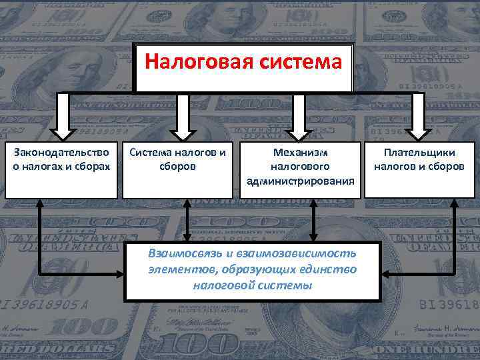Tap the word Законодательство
point(61,153)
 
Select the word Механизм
point(299,153)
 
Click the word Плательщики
point(419,153)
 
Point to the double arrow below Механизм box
point(313,220)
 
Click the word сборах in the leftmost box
point(91,167)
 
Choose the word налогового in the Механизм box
point(299,167)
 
